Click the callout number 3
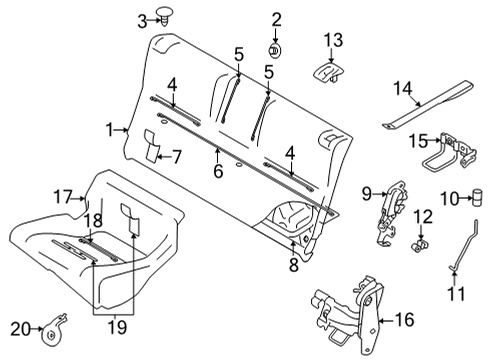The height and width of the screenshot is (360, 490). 143,18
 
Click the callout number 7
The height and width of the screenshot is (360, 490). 176,156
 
